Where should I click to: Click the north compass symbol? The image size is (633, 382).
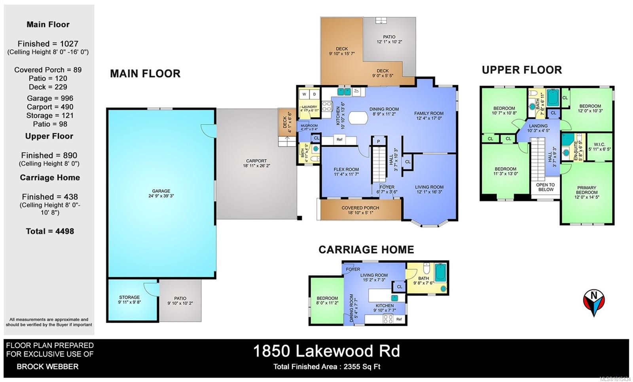593,302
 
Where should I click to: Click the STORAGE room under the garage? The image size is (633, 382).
129,300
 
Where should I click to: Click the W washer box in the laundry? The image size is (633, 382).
304,94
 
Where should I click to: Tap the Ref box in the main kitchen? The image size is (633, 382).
339,140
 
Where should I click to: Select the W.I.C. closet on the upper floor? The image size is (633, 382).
599,147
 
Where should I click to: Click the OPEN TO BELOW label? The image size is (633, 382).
545,187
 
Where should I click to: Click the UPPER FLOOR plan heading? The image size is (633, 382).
521,70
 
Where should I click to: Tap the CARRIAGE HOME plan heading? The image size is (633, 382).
366,250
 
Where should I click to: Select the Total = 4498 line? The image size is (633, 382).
50,231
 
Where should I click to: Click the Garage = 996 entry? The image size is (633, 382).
50,98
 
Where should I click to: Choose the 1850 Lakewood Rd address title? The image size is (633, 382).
326,351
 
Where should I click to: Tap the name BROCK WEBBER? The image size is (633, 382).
47,367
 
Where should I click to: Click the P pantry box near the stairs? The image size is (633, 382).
378,141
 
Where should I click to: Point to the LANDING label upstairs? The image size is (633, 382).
538,128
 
